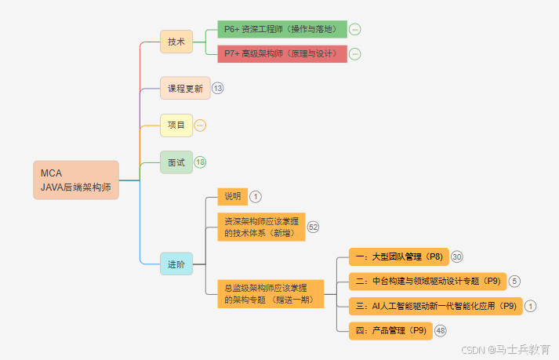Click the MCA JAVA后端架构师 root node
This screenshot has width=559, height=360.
click(76, 180)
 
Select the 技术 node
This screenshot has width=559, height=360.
click(176, 42)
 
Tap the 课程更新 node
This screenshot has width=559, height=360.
click(185, 89)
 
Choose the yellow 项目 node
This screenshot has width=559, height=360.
click(176, 125)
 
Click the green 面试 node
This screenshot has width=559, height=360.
click(176, 162)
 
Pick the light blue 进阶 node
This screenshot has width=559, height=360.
click(176, 264)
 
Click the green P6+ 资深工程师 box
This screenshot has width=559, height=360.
click(281, 30)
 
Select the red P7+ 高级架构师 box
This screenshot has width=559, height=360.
click(281, 53)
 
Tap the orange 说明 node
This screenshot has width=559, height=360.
click(232, 196)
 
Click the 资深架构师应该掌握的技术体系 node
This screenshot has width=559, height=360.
click(260, 227)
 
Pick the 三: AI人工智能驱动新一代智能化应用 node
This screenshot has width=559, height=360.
click(436, 306)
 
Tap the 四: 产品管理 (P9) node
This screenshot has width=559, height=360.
click(390, 330)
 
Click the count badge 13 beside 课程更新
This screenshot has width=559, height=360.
click(218, 89)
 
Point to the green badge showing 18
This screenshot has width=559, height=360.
click(201, 162)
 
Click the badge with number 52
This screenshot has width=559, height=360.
click(314, 227)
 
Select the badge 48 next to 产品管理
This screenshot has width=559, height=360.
click(441, 330)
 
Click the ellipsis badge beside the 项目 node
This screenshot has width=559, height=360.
click(200, 125)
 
